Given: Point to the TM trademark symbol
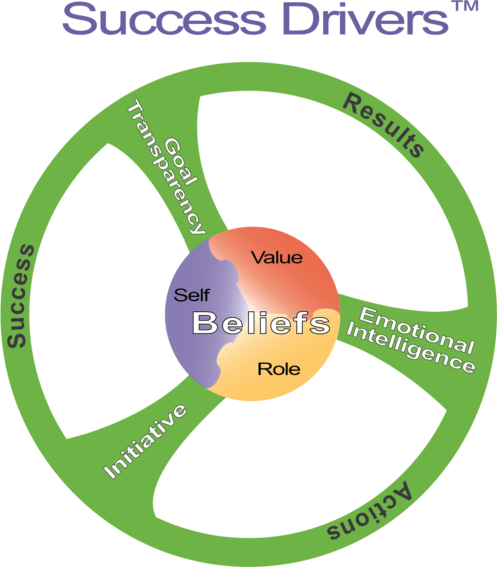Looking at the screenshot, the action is click(x=465, y=6).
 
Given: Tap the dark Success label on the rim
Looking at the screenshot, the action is click(x=20, y=296).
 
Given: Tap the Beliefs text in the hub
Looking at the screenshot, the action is click(x=261, y=323).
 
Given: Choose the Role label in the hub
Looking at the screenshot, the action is click(x=279, y=369).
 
